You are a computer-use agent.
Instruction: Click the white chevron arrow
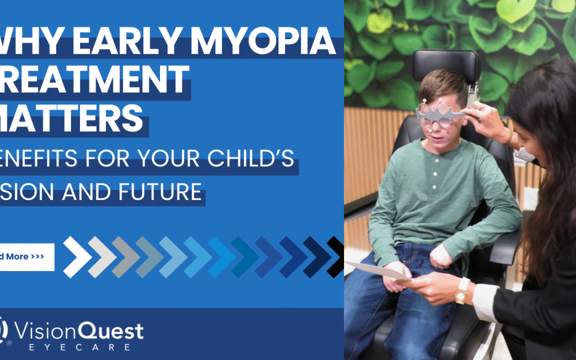tap(77, 257)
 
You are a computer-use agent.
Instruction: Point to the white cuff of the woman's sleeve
tap(483, 301)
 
